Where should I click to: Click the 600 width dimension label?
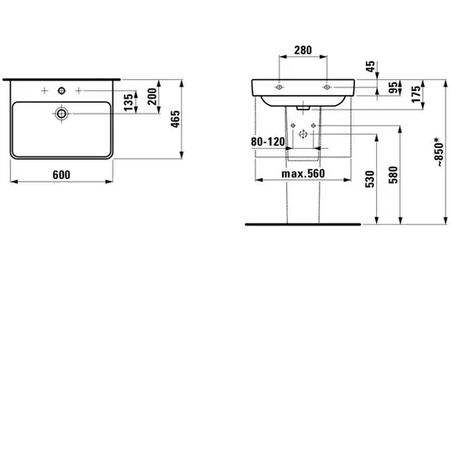click(61, 174)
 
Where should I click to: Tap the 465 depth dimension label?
click(175, 119)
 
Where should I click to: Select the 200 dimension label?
click(152, 97)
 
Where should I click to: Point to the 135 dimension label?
click(129, 102)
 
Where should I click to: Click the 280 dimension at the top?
click(303, 50)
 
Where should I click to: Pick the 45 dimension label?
click(371, 66)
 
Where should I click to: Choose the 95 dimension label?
click(393, 88)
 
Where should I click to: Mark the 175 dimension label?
click(416, 94)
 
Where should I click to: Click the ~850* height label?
click(439, 152)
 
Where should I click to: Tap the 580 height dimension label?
click(393, 175)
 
